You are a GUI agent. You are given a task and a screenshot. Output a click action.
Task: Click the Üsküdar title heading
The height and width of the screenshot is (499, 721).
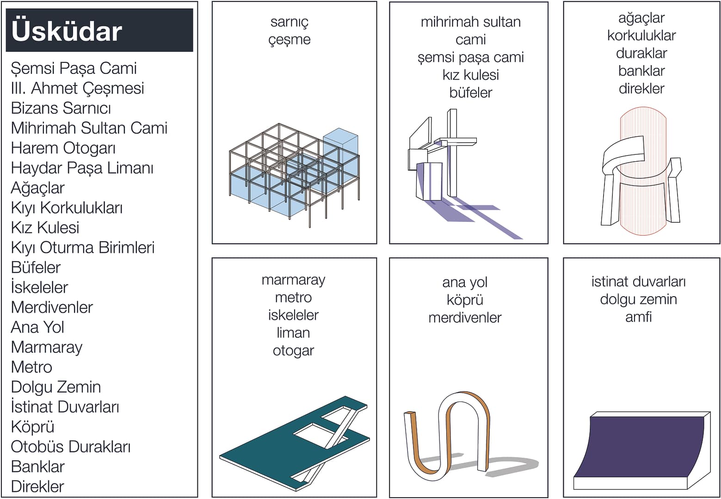pyautogui.click(x=67, y=31)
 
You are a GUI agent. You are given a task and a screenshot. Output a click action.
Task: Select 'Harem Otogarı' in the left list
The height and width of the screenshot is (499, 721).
pyautogui.click(x=63, y=148)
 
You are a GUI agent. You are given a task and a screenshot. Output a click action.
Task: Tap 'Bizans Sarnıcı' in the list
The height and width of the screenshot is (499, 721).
pyautogui.click(x=61, y=108)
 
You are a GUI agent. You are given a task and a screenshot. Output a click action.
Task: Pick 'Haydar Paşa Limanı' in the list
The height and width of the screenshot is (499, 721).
pyautogui.click(x=82, y=168)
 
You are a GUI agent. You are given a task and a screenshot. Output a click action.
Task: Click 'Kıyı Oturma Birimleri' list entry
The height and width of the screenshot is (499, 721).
pyautogui.click(x=82, y=248)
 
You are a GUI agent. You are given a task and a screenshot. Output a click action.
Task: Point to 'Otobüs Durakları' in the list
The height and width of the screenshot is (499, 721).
pyautogui.click(x=70, y=447)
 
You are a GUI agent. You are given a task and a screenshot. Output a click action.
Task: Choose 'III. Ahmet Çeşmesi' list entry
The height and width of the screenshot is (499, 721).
pyautogui.click(x=77, y=88)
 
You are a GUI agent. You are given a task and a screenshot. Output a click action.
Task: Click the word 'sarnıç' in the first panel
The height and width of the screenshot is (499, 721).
pyautogui.click(x=289, y=22)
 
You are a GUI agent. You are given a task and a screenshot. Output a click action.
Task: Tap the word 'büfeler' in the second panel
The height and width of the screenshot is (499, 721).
pyautogui.click(x=470, y=92)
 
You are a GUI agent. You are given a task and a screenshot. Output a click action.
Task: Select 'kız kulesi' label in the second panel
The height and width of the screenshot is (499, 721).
pyautogui.click(x=470, y=75)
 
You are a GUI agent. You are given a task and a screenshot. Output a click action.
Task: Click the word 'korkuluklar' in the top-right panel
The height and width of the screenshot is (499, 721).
pyautogui.click(x=641, y=36)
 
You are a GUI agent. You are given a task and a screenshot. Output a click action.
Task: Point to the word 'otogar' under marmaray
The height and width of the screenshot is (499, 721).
pyautogui.click(x=293, y=351)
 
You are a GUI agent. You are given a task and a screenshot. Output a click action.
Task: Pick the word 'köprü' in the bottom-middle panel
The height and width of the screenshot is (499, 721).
pyautogui.click(x=465, y=300)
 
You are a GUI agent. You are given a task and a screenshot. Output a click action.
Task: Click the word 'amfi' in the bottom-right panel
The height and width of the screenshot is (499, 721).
pyautogui.click(x=638, y=317)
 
